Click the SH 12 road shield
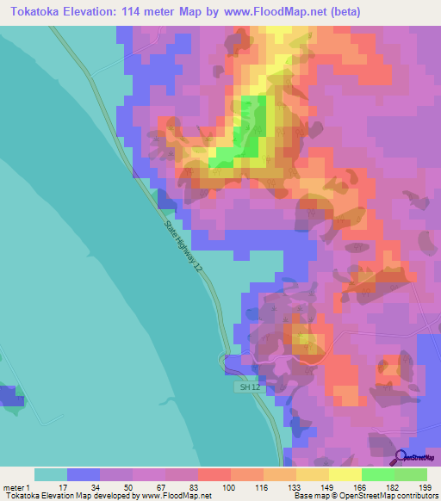[x=247, y=388]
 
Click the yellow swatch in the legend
[x=345, y=474]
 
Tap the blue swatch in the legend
[x=84, y=474]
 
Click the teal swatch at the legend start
[x=51, y=474]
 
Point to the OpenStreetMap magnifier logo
[x=401, y=457]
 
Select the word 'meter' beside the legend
[x=14, y=486]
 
